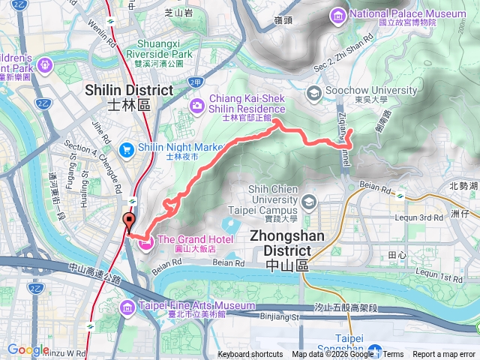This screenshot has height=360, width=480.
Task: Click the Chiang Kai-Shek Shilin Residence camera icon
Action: [x=197, y=105]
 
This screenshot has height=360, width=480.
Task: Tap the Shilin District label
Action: [x=129, y=97]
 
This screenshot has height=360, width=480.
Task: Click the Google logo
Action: [x=28, y=349]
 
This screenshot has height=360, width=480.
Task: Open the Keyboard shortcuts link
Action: [x=250, y=355]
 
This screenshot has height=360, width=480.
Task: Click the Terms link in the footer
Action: [x=393, y=355]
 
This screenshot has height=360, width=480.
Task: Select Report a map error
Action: [x=444, y=355]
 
